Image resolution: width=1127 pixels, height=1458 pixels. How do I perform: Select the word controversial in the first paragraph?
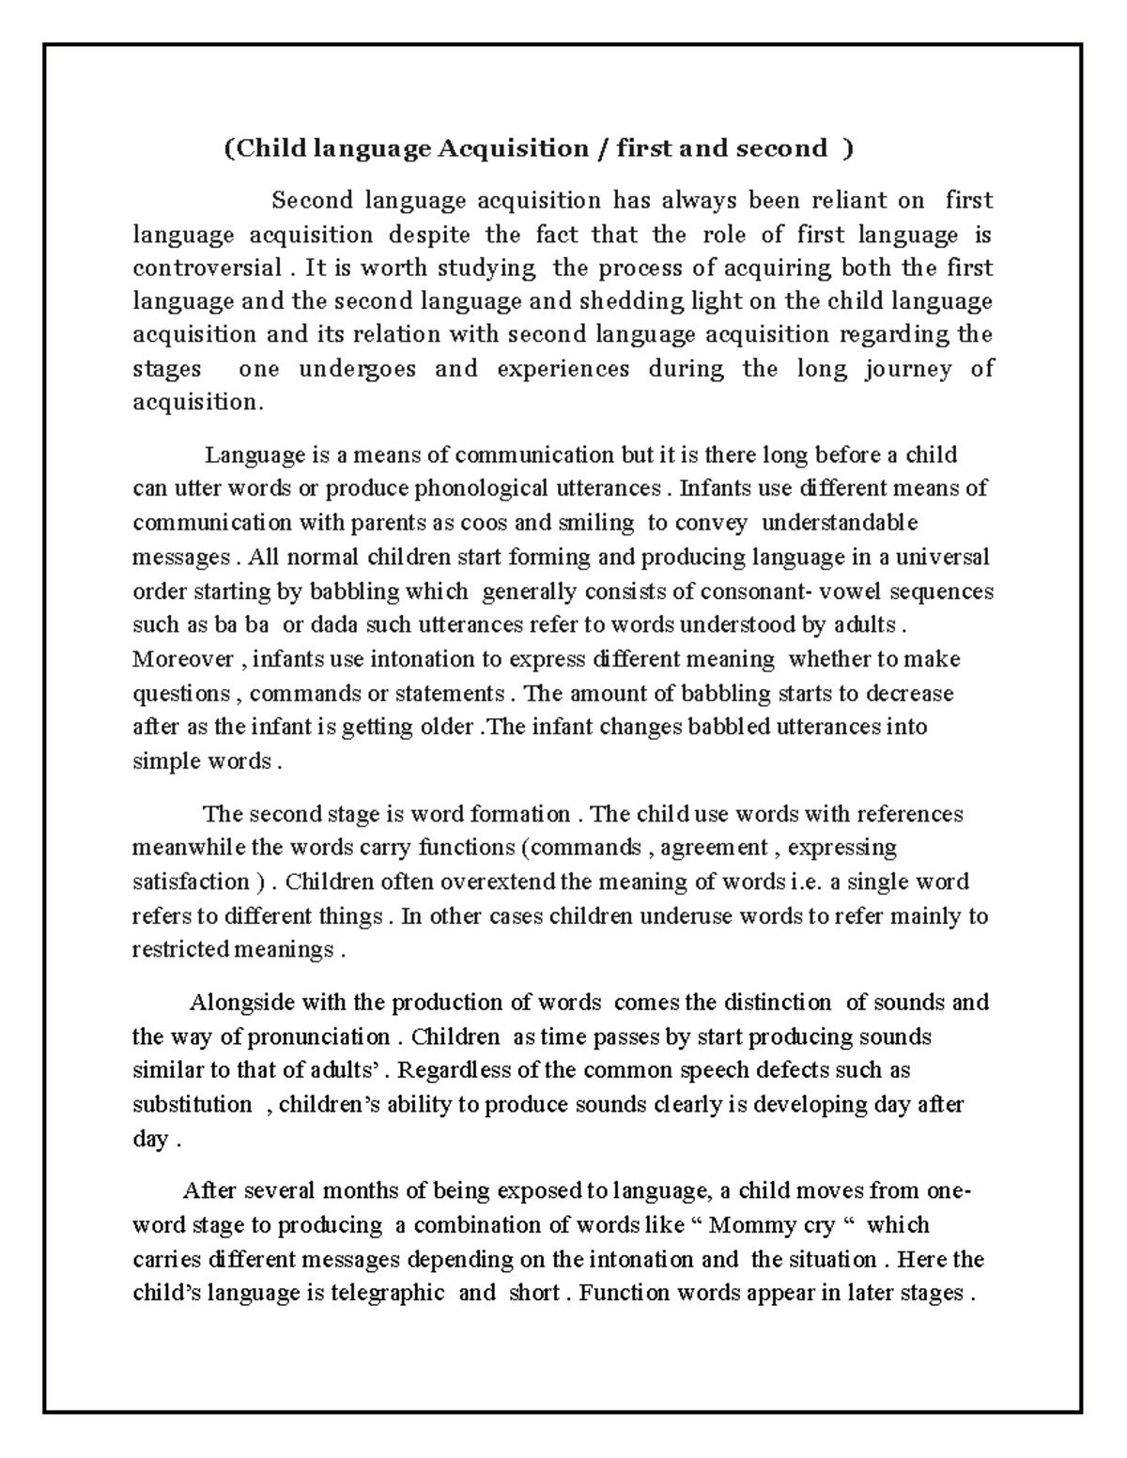pos(207,269)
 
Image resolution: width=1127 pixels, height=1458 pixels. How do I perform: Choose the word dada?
pos(332,625)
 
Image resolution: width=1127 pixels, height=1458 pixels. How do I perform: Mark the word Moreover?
pos(183,659)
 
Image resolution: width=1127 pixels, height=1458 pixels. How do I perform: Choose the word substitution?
pos(193,1105)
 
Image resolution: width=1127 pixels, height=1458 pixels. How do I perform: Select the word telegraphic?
pos(388,1294)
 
